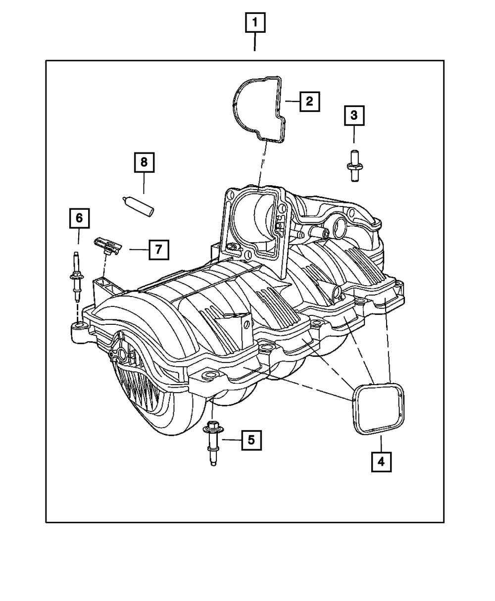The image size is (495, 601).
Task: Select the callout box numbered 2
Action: (309, 101)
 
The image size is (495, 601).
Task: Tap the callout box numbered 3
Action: (354, 116)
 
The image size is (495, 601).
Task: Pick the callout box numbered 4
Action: (381, 461)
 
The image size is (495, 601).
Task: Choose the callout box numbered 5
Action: (251, 439)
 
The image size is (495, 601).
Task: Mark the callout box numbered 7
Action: (158, 250)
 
